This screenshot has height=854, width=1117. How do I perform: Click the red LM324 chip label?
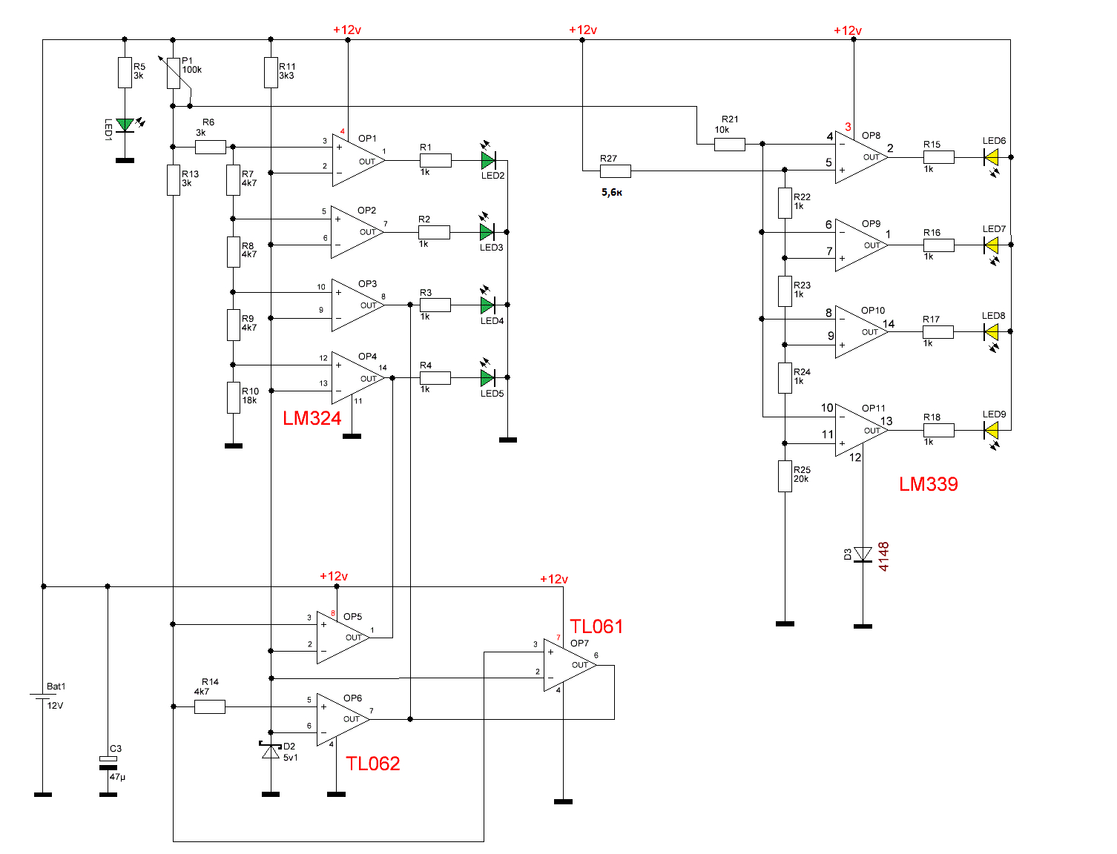[312, 419]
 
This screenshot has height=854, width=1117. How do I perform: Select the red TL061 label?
[596, 626]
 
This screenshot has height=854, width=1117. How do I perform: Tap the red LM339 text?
[928, 484]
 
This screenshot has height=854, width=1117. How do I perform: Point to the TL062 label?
[372, 764]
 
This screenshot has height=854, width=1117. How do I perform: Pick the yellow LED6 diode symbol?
[992, 157]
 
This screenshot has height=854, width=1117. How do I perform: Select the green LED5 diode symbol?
[488, 378]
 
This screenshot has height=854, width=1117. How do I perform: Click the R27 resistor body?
[616, 171]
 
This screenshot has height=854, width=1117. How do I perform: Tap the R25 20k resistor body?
[785, 477]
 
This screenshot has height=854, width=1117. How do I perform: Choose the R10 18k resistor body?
[233, 398]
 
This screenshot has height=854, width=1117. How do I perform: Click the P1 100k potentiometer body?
[174, 73]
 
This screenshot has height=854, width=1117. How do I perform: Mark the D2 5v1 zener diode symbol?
[271, 751]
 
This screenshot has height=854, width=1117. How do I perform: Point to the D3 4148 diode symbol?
[863, 555]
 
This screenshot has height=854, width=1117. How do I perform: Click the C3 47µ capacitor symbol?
[108, 763]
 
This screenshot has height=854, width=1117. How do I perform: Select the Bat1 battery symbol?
[43, 696]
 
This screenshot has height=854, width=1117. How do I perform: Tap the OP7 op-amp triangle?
[570, 665]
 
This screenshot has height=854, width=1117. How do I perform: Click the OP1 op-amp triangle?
[358, 160]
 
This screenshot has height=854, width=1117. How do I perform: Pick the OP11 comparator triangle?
[862, 430]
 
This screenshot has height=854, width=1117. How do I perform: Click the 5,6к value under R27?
[612, 192]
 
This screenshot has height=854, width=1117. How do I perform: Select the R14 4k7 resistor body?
[210, 707]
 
